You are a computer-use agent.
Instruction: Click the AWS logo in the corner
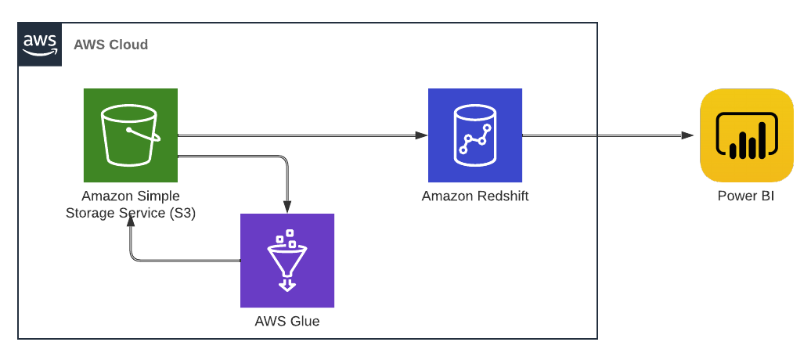tap(40, 44)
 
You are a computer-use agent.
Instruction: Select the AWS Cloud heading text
tap(110, 45)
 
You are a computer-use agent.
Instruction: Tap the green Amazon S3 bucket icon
tap(131, 135)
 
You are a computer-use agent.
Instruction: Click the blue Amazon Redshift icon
tap(474, 135)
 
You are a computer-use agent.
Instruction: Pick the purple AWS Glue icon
tap(287, 261)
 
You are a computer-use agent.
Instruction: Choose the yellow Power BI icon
tap(746, 135)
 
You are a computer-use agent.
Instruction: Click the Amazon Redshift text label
tap(474, 196)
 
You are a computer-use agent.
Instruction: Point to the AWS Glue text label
tap(287, 321)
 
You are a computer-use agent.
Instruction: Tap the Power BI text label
tap(745, 196)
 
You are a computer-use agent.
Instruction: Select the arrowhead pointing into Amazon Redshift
tap(421, 135)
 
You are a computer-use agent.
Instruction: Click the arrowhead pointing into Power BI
tap(687, 135)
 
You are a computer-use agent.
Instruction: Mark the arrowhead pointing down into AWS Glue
tap(287, 207)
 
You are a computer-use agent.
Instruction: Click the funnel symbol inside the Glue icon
tap(287, 261)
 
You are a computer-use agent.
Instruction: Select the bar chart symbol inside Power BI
tap(746, 139)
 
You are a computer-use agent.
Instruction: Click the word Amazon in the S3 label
tap(106, 196)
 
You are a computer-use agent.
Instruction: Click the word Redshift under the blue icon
tap(502, 196)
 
